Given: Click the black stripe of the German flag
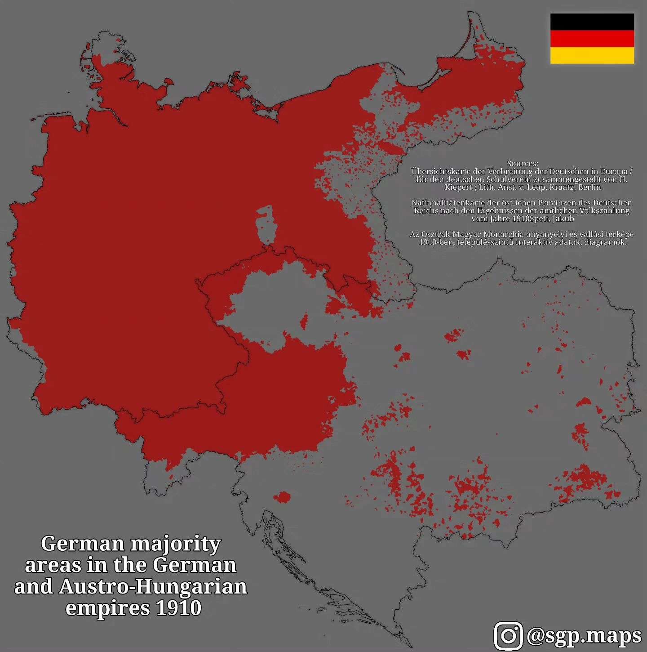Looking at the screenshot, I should (592, 22).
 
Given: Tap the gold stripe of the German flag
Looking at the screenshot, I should (592, 55).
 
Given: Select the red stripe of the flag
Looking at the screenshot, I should (592, 39).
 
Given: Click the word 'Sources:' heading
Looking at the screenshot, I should (522, 164).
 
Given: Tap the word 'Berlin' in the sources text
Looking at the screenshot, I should (589, 187).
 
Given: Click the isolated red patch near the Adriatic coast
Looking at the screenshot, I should (283, 497).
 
